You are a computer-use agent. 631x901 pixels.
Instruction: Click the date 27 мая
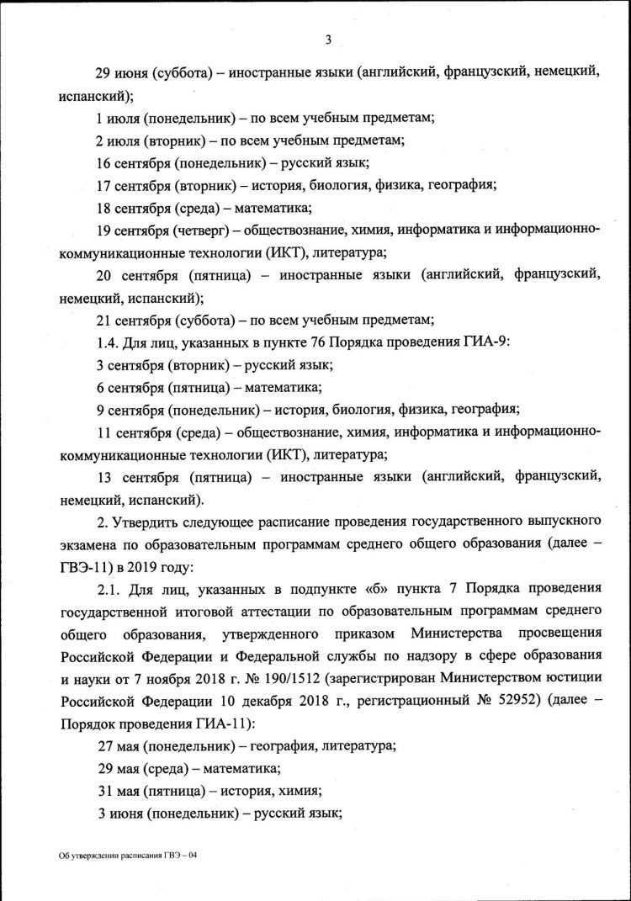119,746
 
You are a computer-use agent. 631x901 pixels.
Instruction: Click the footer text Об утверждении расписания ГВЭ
126,855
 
